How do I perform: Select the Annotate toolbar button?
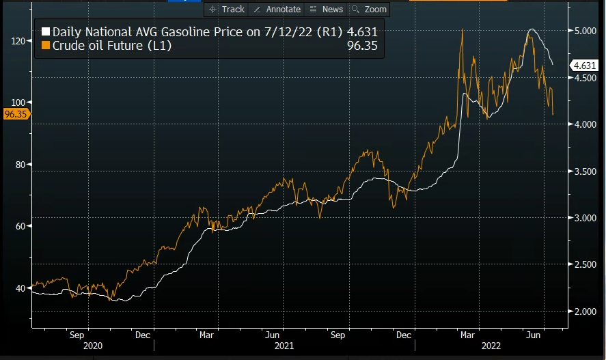point(277,9)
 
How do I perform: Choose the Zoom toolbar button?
point(369,9)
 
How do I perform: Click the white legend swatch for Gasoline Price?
point(46,32)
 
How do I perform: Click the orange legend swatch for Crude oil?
point(46,46)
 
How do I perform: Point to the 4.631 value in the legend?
point(361,32)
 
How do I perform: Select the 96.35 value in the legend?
point(362,46)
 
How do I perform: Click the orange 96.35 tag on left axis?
point(14,114)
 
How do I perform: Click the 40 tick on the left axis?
point(20,288)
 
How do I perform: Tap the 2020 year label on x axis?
point(93,346)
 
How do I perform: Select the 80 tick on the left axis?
point(20,165)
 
